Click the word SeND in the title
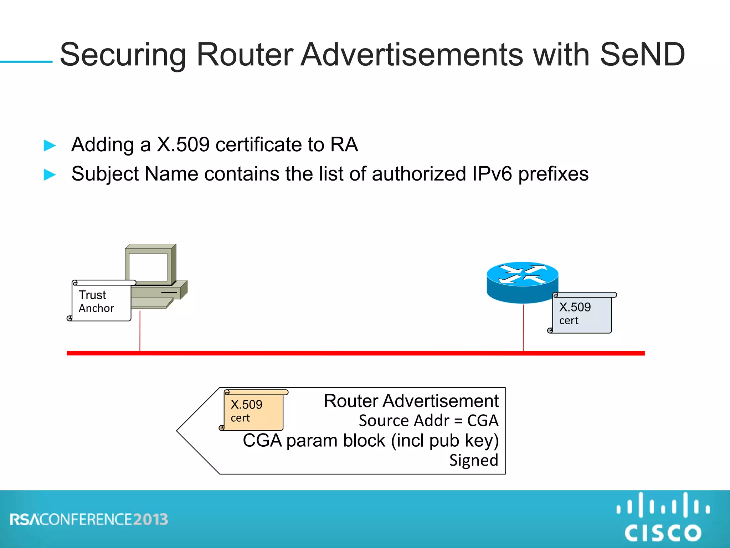pyautogui.click(x=642, y=55)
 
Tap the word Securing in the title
pyautogui.click(x=123, y=55)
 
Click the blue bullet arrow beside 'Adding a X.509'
pyautogui.click(x=50, y=146)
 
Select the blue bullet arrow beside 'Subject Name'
pyautogui.click(x=50, y=175)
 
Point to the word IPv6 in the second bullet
pyautogui.click(x=492, y=174)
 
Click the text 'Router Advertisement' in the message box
pyautogui.click(x=411, y=401)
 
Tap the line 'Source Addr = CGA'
pyautogui.click(x=428, y=421)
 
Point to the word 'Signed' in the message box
pyautogui.click(x=473, y=460)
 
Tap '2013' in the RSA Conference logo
pyautogui.click(x=150, y=520)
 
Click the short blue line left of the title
pyautogui.click(x=26, y=62)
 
